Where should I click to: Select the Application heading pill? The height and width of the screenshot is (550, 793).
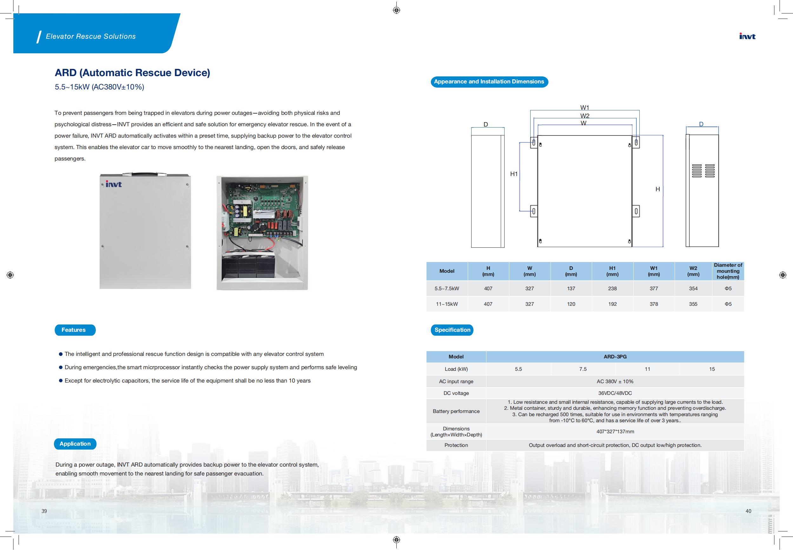75,444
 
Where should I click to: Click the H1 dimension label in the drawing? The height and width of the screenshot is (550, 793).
514,174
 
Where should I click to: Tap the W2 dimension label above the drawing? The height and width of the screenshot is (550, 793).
585,116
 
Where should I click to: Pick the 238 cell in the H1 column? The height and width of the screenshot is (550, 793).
612,288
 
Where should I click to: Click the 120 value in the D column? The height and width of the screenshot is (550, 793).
571,304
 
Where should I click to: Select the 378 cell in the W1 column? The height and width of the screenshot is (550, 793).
654,304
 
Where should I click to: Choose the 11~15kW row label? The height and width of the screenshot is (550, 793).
447,304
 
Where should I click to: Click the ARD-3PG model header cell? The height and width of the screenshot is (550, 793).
615,357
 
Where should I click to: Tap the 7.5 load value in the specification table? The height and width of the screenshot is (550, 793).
583,369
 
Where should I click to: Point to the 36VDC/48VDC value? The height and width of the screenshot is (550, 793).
615,393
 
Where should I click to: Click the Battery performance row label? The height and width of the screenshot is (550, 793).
456,411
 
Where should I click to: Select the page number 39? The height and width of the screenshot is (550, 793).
44,511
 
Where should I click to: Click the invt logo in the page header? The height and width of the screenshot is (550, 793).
747,36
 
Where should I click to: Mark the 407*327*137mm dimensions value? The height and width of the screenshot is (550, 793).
615,431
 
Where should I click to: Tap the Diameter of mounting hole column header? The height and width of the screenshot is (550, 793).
728,271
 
